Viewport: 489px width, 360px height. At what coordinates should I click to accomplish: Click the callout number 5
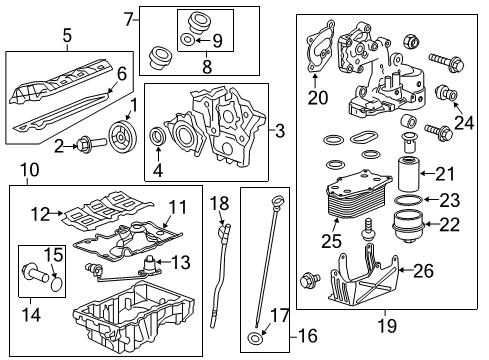click(x=66, y=37)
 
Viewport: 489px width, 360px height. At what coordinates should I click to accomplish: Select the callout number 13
click(x=182, y=262)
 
